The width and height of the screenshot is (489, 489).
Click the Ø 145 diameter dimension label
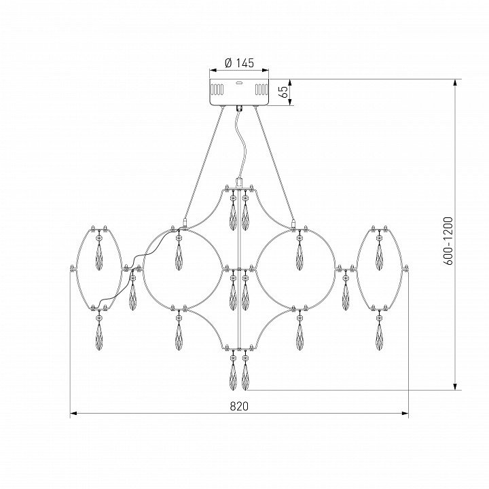[x=239, y=63]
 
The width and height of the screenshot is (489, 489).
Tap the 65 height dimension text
[x=284, y=92]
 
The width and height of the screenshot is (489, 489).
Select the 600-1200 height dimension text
[x=448, y=240]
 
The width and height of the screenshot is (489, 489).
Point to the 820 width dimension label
[x=239, y=406]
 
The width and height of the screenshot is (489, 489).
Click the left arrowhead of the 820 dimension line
[x=73, y=414]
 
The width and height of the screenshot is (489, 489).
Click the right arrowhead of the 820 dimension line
[x=405, y=414]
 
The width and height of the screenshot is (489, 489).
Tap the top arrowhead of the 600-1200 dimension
[x=455, y=83]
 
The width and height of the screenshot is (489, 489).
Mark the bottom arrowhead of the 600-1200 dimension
[x=455, y=386]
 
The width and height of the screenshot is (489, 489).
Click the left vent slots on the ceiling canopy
[x=217, y=90]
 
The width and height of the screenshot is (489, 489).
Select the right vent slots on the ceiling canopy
[x=261, y=90]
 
